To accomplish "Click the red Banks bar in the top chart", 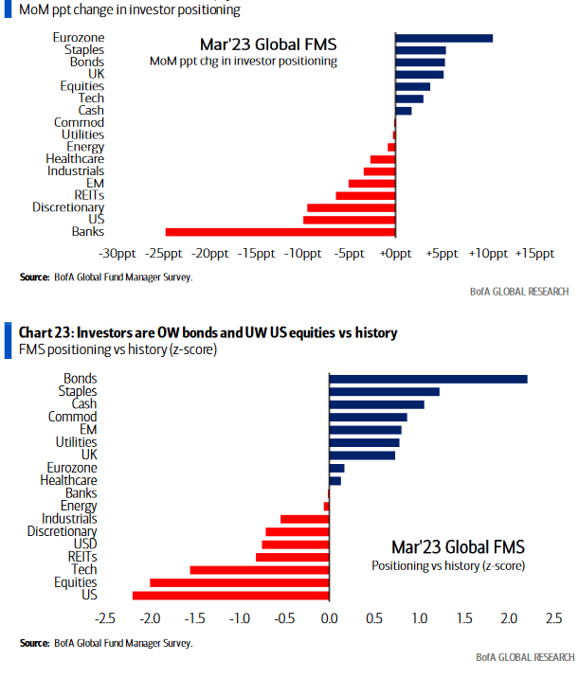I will pyautogui.click(x=280, y=232).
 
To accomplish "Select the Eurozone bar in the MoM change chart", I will pyautogui.click(x=443, y=38).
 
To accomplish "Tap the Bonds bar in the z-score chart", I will pyautogui.click(x=427, y=379).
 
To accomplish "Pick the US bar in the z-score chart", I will pyautogui.click(x=230, y=596).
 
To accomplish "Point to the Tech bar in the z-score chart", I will pyautogui.click(x=259, y=570).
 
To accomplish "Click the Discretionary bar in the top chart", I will pyautogui.click(x=351, y=207).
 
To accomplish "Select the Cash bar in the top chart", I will pyautogui.click(x=404, y=111).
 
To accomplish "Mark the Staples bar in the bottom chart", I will pyautogui.click(x=384, y=391).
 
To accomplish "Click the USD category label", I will pyautogui.click(x=84, y=544).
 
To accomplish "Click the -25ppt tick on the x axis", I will pyautogui.click(x=165, y=254).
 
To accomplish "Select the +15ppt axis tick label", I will pyautogui.click(x=534, y=254).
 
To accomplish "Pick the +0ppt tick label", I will pyautogui.click(x=395, y=254).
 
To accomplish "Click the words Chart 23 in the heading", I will pyautogui.click(x=45, y=333).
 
